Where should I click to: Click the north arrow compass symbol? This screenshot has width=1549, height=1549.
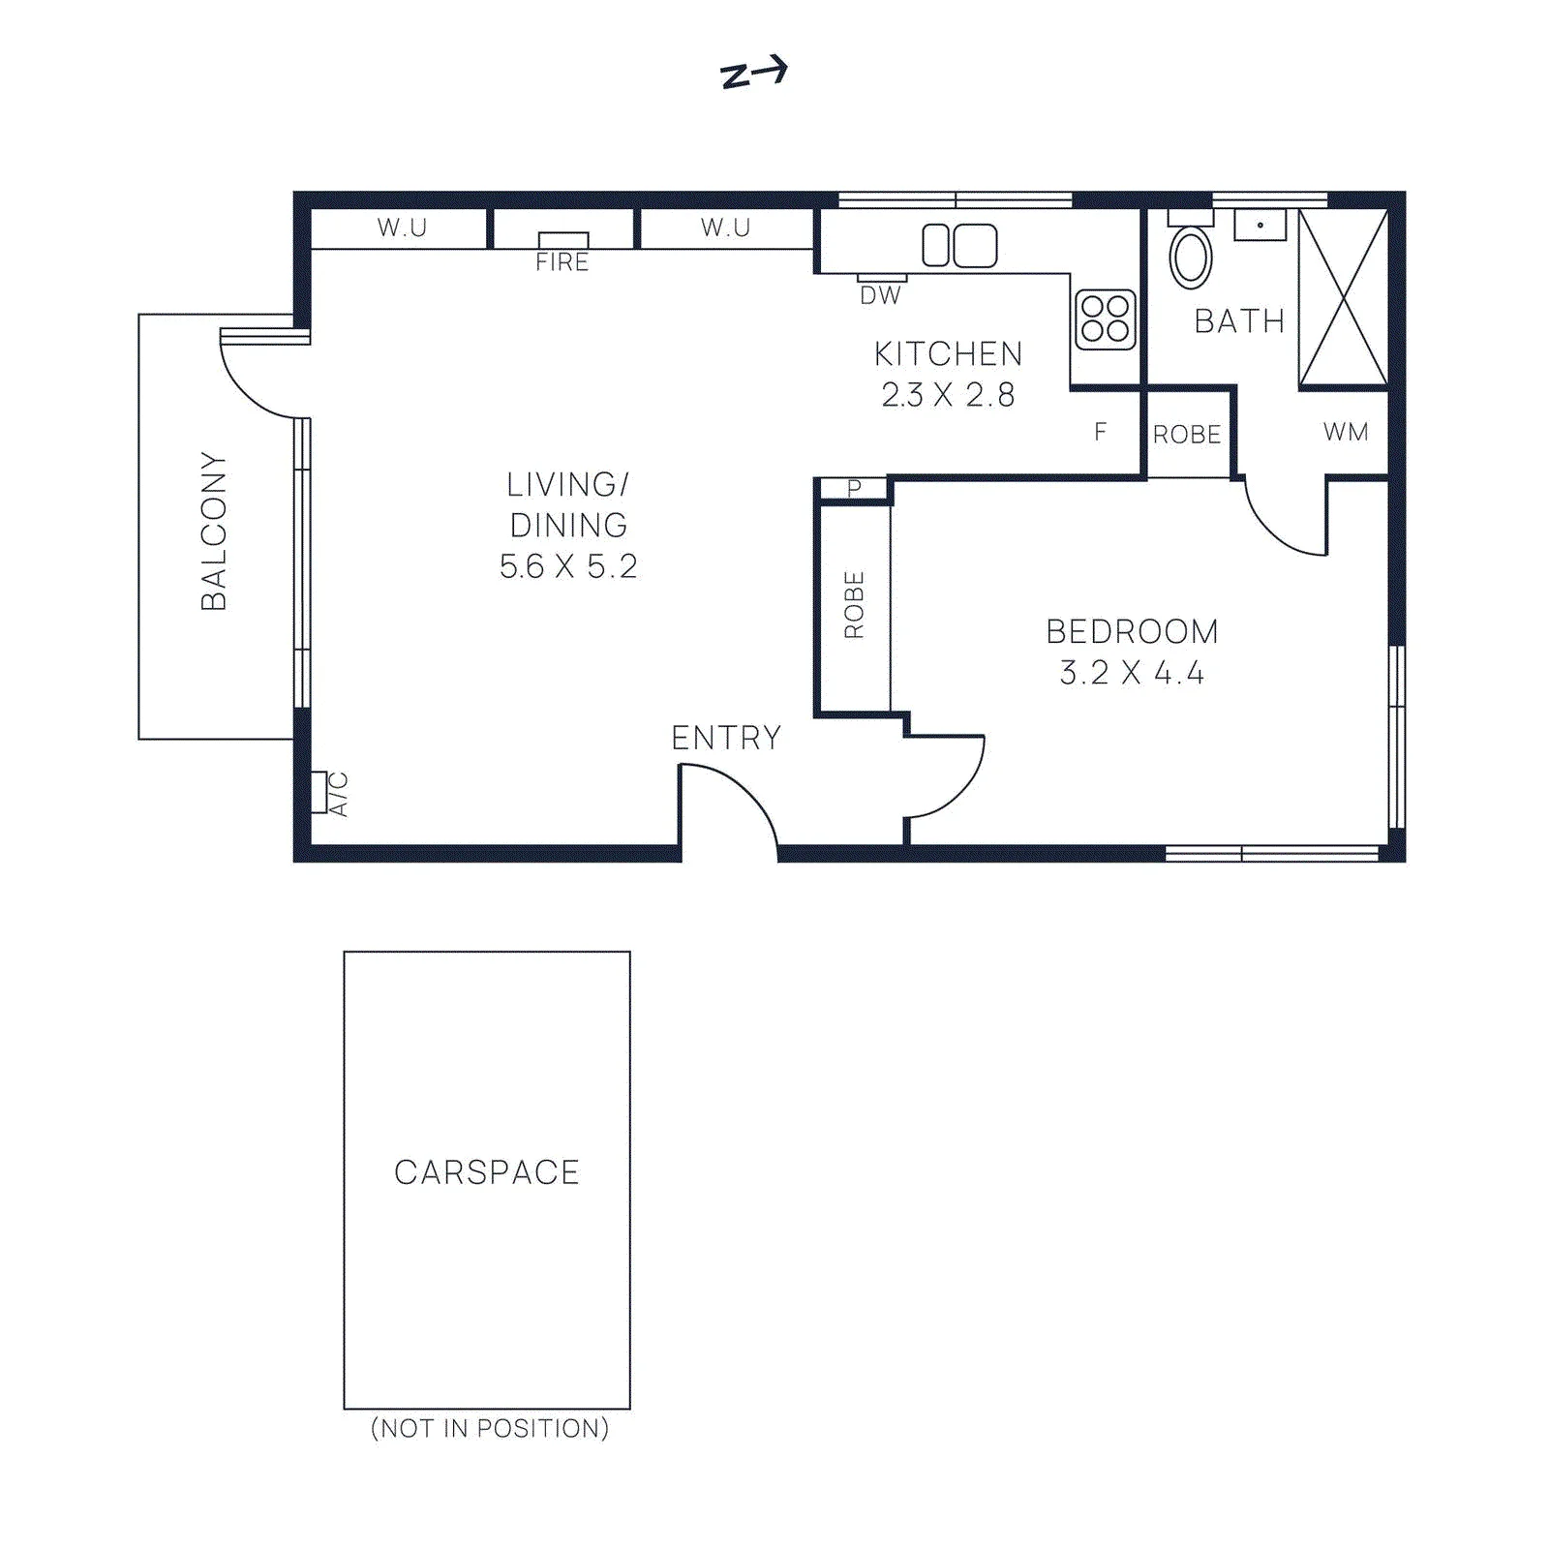754,73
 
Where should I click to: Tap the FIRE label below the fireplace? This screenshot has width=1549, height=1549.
562,262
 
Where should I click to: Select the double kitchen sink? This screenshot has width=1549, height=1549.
959,245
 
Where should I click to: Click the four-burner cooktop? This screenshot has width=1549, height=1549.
1105,319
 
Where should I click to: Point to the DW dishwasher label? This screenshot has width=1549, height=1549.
881,295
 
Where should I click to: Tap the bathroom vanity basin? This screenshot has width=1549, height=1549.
1260,225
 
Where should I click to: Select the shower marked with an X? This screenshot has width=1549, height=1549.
1343,297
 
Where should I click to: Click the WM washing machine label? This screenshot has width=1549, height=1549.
1347,432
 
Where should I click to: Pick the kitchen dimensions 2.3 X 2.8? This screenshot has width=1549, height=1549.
949,395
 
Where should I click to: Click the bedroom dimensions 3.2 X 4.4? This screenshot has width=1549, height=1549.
1132,673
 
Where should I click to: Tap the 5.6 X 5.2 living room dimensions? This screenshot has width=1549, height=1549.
568,566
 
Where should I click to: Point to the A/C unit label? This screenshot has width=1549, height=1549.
339,794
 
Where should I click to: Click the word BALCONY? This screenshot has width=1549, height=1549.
213,531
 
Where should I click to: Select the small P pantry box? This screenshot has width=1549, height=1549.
854,489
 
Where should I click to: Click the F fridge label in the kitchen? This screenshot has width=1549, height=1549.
1100,432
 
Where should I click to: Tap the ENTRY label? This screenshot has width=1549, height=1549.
726,739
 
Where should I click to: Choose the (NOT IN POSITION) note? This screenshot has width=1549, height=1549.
490,1428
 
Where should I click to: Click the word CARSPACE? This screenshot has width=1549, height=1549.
487,1172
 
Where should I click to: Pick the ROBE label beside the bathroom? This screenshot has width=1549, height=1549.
1187,435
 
